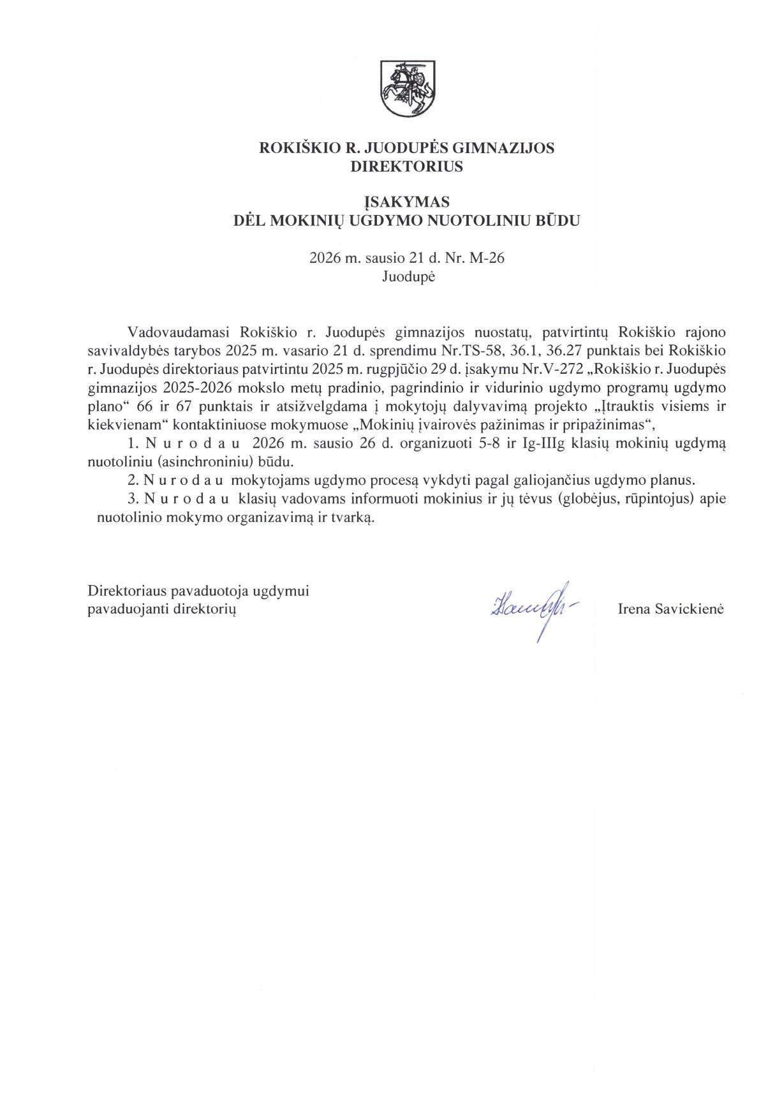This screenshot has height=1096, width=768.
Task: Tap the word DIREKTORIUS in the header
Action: click(406, 167)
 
